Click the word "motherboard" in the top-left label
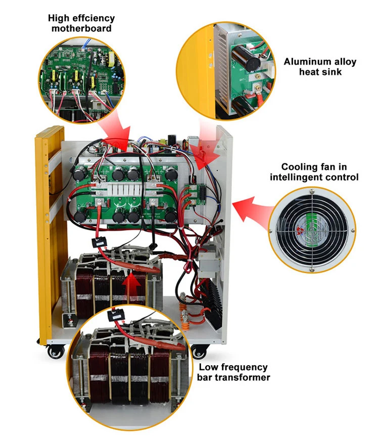[x=81, y=28]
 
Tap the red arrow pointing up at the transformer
[x=132, y=286]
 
